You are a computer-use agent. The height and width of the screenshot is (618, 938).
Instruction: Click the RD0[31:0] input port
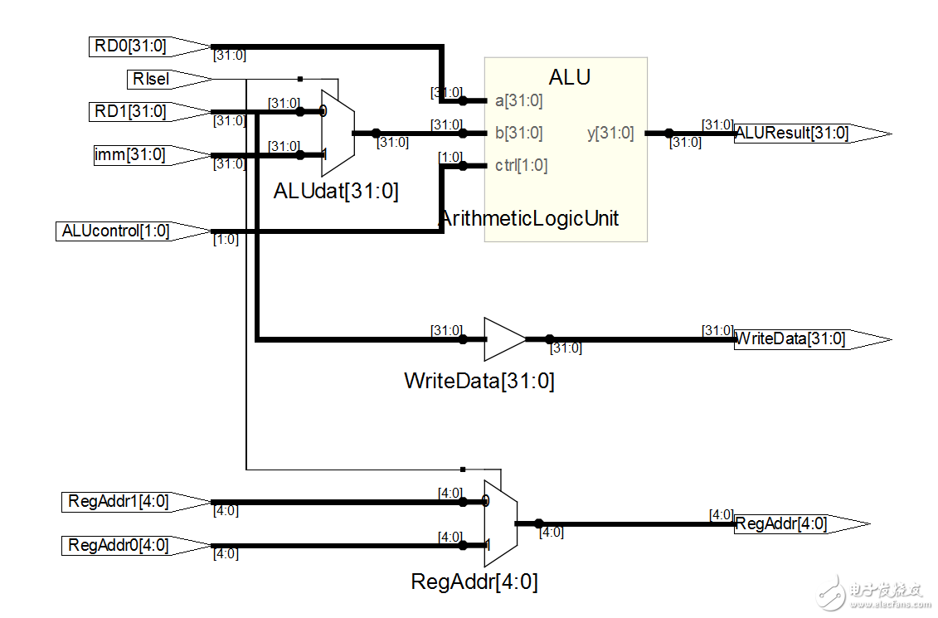click(137, 46)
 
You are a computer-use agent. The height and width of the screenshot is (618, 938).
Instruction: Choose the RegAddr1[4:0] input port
click(124, 501)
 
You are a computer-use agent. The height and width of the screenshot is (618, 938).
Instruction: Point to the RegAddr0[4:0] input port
click(124, 545)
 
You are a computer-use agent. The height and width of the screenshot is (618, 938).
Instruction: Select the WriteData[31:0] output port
click(796, 338)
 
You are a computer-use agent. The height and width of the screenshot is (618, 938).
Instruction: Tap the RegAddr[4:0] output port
click(788, 523)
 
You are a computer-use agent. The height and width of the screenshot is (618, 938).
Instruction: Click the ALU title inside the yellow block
click(570, 77)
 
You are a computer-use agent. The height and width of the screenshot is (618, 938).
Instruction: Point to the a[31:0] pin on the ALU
click(518, 101)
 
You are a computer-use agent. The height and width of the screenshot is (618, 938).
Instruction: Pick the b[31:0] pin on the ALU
click(518, 133)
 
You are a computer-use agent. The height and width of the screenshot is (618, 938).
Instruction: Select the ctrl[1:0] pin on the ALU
click(521, 165)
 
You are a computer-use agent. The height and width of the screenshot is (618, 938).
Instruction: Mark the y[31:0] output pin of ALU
click(610, 133)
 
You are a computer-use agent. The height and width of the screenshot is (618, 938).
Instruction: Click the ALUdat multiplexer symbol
click(337, 132)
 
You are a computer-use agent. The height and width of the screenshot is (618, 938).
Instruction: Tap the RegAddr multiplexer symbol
click(500, 523)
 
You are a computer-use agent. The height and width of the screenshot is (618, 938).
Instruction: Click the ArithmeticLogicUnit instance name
click(528, 219)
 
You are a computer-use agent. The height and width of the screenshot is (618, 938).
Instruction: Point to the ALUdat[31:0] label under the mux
click(336, 192)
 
